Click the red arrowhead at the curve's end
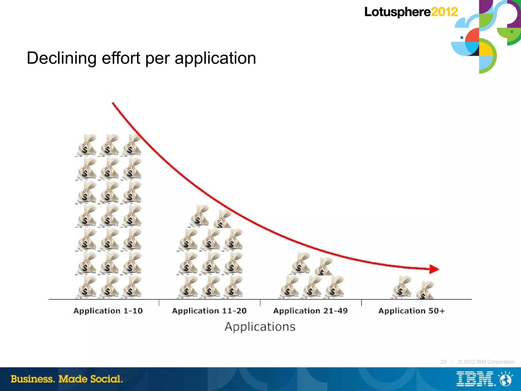click(x=434, y=269)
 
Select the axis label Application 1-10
click(x=108, y=311)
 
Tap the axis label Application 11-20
click(x=209, y=311)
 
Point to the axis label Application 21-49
click(x=310, y=311)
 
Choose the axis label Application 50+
click(x=411, y=311)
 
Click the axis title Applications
click(x=260, y=327)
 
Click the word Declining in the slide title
click(x=61, y=58)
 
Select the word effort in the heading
click(x=121, y=58)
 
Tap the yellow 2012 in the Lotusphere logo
click(x=444, y=12)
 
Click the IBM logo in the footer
click(x=475, y=379)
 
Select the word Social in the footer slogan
click(x=106, y=379)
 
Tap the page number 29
click(x=443, y=362)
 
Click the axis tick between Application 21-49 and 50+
click(x=361, y=303)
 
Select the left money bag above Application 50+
click(x=402, y=287)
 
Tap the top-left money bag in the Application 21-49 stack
click(x=301, y=263)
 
